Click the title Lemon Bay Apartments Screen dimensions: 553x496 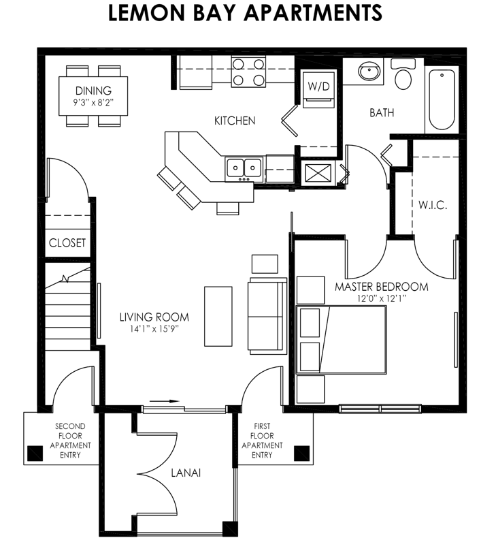tap(245, 13)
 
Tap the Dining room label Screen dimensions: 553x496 tap(93, 91)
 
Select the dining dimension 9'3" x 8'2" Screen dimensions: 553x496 tap(93, 103)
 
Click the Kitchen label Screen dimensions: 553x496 tap(235, 121)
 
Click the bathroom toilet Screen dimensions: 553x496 tap(404, 75)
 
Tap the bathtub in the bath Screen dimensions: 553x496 tap(442, 98)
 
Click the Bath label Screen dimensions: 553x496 tap(382, 112)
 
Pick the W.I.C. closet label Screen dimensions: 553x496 tap(433, 205)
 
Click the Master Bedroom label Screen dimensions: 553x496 tap(382, 286)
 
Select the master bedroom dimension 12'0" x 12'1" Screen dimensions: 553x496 tap(381, 298)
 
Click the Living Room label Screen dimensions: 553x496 tap(154, 317)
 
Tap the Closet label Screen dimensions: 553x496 tap(67, 242)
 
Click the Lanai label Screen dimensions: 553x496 tap(185, 472)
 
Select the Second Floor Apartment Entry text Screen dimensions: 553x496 tap(70, 441)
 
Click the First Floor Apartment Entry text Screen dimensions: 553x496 tap(262, 441)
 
